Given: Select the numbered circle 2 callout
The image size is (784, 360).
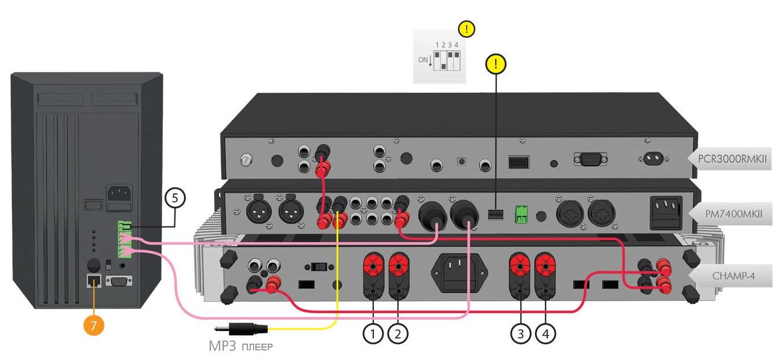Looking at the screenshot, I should pyautogui.click(x=398, y=334).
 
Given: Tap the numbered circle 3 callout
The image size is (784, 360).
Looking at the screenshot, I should pyautogui.click(x=521, y=334).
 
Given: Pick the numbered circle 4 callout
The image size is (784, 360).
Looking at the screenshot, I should pyautogui.click(x=546, y=334).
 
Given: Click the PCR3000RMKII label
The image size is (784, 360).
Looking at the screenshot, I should pyautogui.click(x=732, y=159).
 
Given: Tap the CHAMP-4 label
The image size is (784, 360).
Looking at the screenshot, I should pyautogui.click(x=732, y=276).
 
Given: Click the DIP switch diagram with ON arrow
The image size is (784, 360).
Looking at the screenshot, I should pyautogui.click(x=439, y=57).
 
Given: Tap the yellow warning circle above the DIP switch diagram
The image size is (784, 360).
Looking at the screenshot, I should pyautogui.click(x=467, y=29).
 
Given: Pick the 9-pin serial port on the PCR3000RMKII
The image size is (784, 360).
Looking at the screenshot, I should pyautogui.click(x=590, y=159).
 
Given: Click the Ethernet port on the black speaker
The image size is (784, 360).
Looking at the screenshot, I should pyautogui.click(x=94, y=281).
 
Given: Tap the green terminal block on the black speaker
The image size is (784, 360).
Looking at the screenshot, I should pyautogui.click(x=124, y=240).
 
